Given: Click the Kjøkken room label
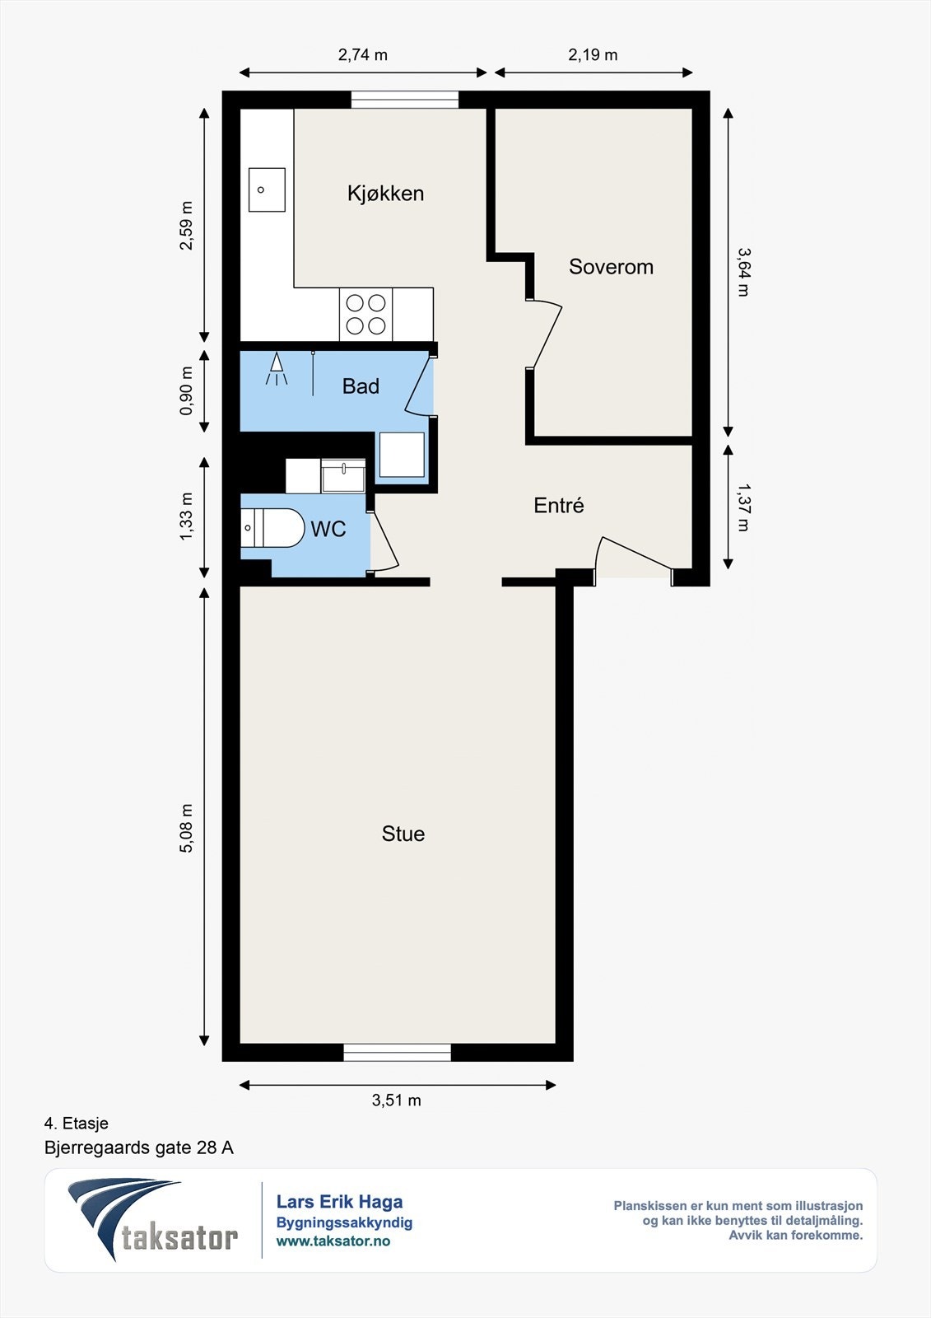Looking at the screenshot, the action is point(385,194).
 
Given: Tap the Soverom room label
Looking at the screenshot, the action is point(611,267).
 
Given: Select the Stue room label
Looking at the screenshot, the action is point(403,834).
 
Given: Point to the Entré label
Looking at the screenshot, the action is point(559,506).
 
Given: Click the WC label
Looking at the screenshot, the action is point(328,530).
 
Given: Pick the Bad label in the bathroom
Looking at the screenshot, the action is point(361,386).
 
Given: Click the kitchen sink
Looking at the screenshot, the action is point(267,189).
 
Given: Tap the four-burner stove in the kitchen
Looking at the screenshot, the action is point(365,314).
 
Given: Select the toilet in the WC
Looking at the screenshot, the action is point(272,528).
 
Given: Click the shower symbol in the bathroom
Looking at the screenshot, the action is point(277,368).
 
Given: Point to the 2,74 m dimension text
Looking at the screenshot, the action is point(363,54).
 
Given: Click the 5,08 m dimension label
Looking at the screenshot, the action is point(186,828).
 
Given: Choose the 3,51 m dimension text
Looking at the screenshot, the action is point(397,1101).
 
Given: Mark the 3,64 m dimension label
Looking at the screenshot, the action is point(744,272).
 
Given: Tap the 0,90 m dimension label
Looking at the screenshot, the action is point(186,390).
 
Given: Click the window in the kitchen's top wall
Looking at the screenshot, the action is point(405,100).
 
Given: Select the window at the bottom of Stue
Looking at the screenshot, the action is point(397,1052).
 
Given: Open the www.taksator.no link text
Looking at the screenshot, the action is point(333,1241).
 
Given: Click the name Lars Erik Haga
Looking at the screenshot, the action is point(339,1202).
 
